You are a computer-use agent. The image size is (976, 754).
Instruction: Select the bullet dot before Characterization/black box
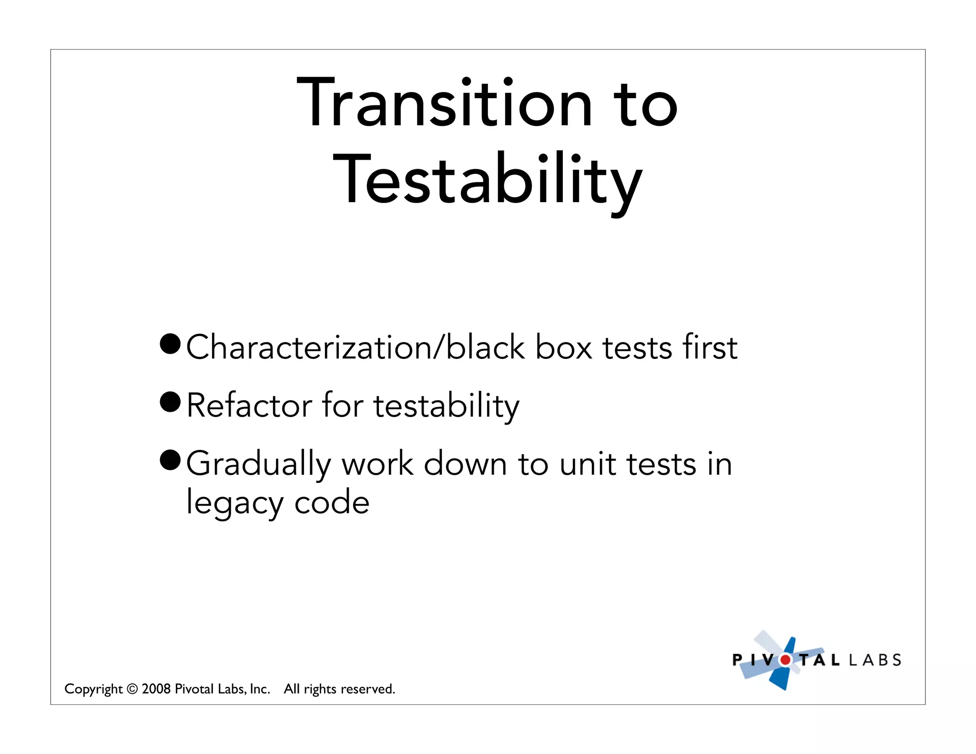tap(170, 344)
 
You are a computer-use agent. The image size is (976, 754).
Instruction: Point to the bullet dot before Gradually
tap(170, 460)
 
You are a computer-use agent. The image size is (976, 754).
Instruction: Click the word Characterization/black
tap(355, 347)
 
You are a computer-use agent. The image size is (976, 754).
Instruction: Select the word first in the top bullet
tap(710, 347)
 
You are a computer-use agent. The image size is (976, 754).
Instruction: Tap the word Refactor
tap(249, 406)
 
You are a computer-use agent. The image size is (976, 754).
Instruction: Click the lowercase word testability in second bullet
tap(447, 406)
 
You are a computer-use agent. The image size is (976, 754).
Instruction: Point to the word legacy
tap(234, 503)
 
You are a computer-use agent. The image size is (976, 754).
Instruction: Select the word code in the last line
tap(332, 502)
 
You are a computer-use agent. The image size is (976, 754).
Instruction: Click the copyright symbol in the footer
tap(132, 689)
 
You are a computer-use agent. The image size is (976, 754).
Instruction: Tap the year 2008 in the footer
tap(156, 689)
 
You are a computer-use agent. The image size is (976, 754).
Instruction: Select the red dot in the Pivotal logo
tap(785, 660)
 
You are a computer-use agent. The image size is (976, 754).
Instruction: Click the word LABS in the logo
tap(875, 660)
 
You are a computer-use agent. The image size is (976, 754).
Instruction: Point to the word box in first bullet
tap(564, 347)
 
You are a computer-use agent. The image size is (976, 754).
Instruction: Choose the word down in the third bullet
tap(465, 464)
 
